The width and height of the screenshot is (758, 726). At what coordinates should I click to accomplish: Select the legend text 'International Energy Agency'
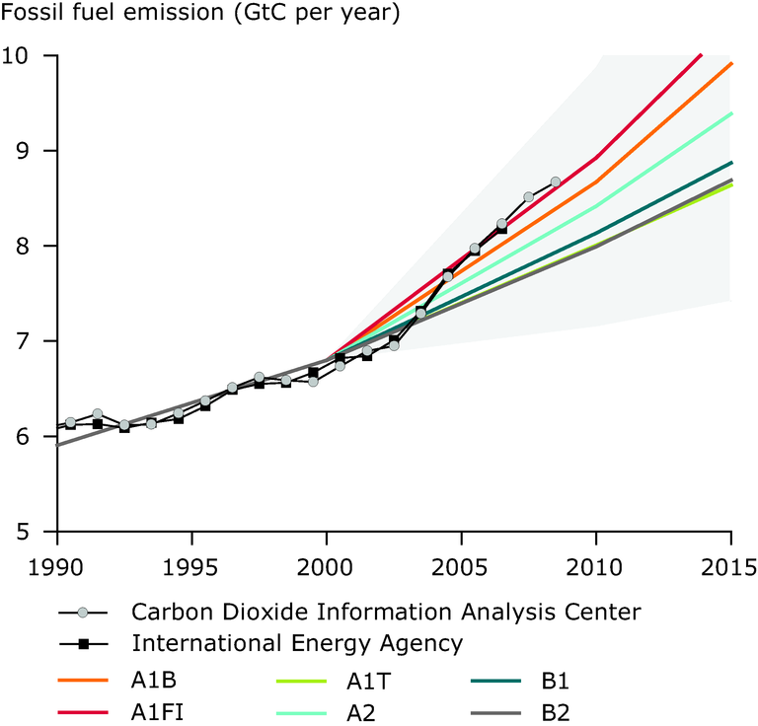tap(297, 644)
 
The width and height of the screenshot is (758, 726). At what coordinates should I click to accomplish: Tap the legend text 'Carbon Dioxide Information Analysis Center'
tap(386, 612)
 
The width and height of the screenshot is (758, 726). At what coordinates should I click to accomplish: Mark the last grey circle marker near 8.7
tap(556, 181)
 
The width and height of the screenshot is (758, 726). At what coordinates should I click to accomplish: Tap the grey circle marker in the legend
tap(84, 612)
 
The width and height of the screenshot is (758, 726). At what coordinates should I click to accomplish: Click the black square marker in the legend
tap(84, 644)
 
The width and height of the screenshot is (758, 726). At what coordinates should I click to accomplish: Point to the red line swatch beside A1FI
tap(84, 710)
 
